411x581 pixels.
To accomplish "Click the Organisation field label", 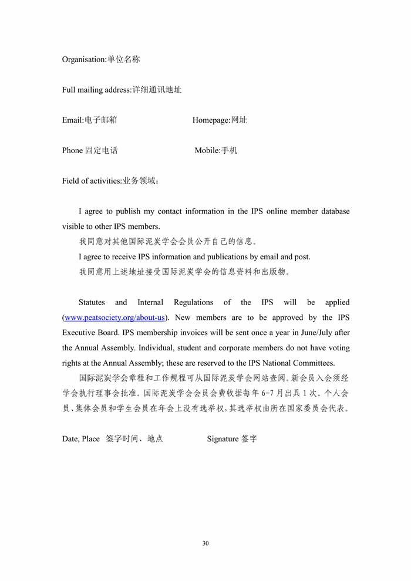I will [100, 59].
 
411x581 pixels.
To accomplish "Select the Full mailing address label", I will [122, 90].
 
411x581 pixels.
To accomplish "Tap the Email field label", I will [89, 120].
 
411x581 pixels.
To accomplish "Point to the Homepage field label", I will [220, 120].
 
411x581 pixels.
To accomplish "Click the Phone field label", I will [90, 151].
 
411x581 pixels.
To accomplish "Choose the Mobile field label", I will [216, 151].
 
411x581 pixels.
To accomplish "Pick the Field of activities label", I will [110, 181].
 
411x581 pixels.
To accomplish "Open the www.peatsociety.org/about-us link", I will [115, 317].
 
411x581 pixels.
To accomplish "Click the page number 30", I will [206, 543].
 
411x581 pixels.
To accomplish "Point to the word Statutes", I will [92, 302].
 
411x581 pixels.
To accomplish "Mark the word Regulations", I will [193, 302].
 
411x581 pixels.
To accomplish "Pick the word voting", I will [338, 348].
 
